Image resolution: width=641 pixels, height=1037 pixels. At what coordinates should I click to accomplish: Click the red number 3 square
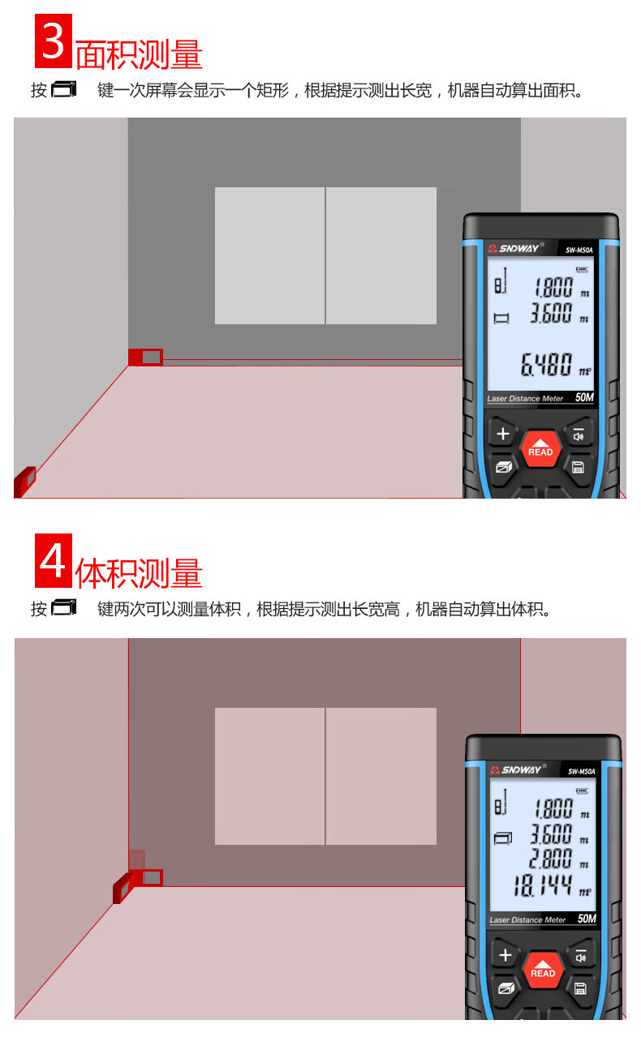[x=54, y=41]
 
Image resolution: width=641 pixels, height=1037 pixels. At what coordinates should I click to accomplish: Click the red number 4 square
[x=54, y=560]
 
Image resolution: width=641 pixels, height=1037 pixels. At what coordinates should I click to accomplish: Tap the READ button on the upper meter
[x=540, y=448]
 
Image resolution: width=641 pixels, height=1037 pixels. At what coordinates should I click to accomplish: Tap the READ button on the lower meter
[x=542, y=970]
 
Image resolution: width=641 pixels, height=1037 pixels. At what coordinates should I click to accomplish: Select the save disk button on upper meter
[x=578, y=468]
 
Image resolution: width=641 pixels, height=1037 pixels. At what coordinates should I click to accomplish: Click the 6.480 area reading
[x=546, y=364]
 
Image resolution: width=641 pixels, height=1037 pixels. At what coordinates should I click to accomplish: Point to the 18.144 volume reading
[x=543, y=885]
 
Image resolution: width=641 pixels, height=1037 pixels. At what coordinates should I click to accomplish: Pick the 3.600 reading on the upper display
[x=551, y=312]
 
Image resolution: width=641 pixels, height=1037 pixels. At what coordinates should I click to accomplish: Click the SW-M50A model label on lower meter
[x=581, y=772]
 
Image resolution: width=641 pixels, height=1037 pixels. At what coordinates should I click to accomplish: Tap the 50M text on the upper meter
[x=584, y=397]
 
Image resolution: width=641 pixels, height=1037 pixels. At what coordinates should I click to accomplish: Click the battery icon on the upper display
[x=583, y=269]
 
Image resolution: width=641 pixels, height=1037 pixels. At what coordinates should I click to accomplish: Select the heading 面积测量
[x=139, y=54]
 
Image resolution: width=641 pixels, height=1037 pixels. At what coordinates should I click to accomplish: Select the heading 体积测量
[x=139, y=573]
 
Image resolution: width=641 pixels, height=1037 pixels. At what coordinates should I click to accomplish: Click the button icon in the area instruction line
[x=63, y=89]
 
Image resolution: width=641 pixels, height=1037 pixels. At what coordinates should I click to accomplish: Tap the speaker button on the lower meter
[x=580, y=955]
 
